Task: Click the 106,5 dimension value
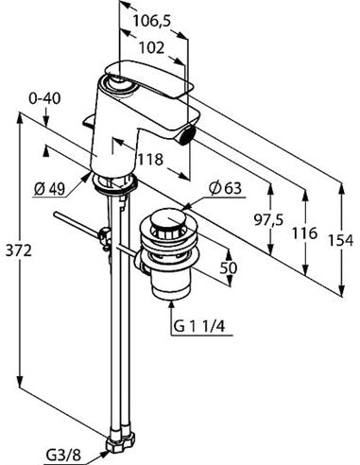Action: (151, 22)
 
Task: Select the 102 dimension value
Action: (151, 48)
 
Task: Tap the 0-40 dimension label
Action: (44, 99)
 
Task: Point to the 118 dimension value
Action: (150, 160)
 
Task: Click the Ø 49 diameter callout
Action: (49, 189)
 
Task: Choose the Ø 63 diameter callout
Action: (226, 188)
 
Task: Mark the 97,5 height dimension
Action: (268, 220)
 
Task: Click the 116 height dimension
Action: (303, 233)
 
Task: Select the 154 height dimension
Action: (341, 241)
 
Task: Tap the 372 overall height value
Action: (18, 251)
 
